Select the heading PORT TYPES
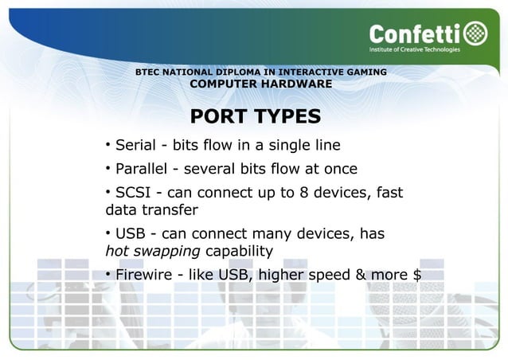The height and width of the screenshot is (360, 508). coord(256,116)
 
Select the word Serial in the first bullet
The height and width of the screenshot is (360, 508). coord(135,145)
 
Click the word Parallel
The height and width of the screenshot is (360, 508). coord(142,169)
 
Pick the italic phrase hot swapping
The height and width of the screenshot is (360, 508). coord(154,252)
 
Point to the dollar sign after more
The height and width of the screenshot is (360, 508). coord(417,276)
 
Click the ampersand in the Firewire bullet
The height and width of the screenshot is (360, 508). coord(360,276)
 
